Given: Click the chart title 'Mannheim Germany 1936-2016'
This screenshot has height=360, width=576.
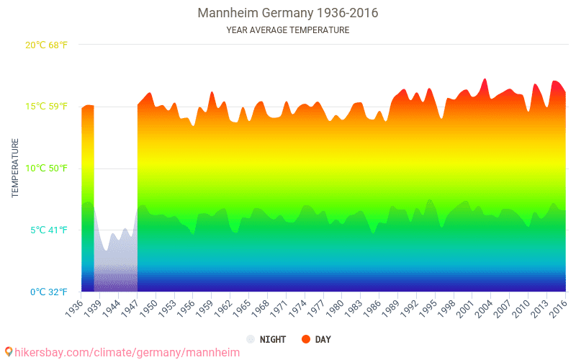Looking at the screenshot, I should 287,13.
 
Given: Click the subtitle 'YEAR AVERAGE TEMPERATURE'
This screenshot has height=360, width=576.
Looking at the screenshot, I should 287,30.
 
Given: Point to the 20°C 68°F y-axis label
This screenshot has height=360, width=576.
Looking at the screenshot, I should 47,45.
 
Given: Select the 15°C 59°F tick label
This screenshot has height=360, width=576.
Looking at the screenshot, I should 47,107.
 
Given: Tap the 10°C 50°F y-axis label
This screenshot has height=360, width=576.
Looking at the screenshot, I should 47,168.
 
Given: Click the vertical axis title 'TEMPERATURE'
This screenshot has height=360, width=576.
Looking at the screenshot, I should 15,168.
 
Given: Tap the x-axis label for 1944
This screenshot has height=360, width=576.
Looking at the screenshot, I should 109,308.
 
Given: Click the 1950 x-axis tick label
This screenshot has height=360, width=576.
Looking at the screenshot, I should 148,308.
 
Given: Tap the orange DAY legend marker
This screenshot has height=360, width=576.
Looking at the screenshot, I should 305,339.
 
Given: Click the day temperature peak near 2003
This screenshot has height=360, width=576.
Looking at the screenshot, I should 485,79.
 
